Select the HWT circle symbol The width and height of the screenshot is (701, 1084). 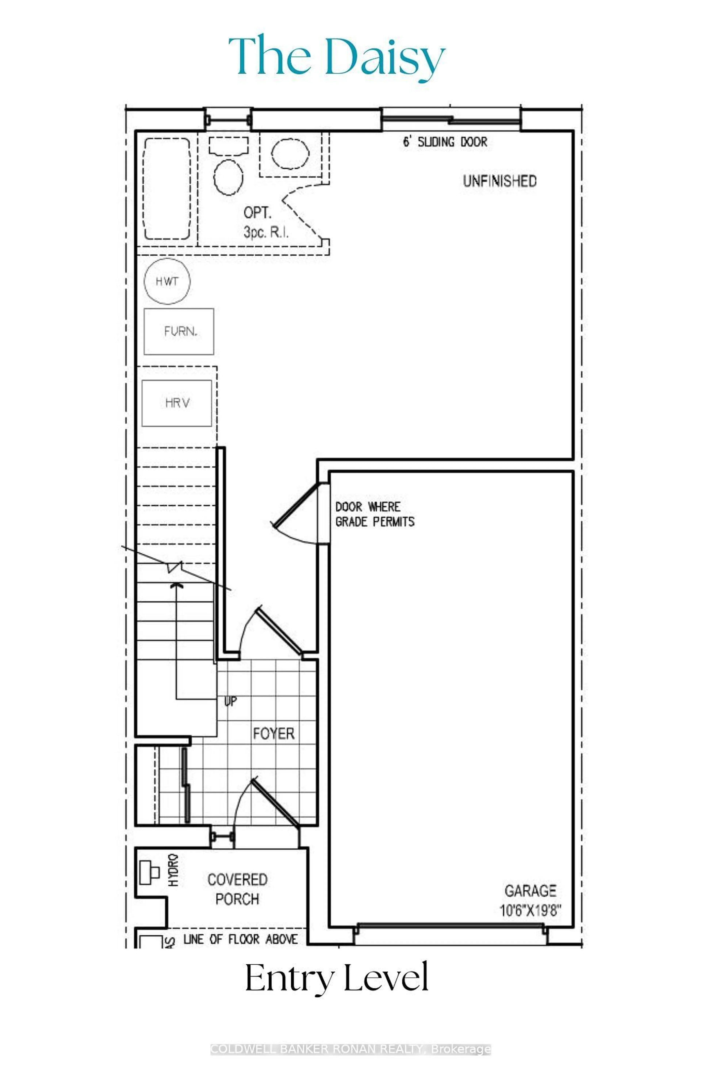pos(167,281)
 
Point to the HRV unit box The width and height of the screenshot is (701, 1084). pos(177,403)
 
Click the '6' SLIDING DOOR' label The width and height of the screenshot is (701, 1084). pos(445,142)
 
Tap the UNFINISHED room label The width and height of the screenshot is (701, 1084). pos(499,181)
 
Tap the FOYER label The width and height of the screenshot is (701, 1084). pos(274,733)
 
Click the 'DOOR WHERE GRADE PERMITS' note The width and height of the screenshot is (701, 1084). pos(375,514)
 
